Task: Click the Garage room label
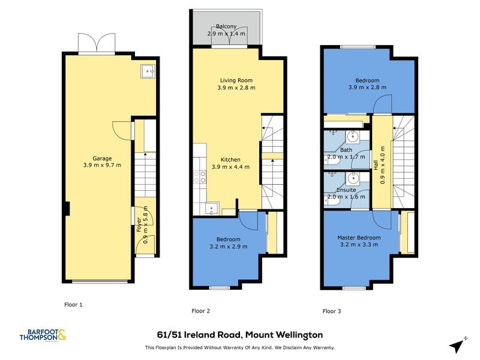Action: (x=102, y=158)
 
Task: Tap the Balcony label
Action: (x=226, y=26)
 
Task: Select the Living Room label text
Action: (x=236, y=80)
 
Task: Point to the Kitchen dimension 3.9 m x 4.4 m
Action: (x=230, y=167)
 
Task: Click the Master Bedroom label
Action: (x=359, y=238)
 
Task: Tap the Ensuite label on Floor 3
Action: (x=346, y=190)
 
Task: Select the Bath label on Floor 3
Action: (x=346, y=150)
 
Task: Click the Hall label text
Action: (x=376, y=165)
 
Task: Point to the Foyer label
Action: (x=139, y=224)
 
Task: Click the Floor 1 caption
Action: (x=73, y=305)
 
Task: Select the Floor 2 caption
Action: (x=200, y=311)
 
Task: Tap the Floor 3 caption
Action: (x=332, y=311)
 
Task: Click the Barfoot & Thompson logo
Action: (x=43, y=335)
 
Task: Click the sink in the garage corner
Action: (x=148, y=71)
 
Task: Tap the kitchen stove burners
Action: (x=200, y=177)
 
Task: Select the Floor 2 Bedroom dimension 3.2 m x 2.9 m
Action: (x=229, y=247)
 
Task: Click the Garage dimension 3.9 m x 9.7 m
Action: (x=102, y=166)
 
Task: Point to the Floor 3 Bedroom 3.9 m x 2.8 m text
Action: (x=367, y=87)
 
